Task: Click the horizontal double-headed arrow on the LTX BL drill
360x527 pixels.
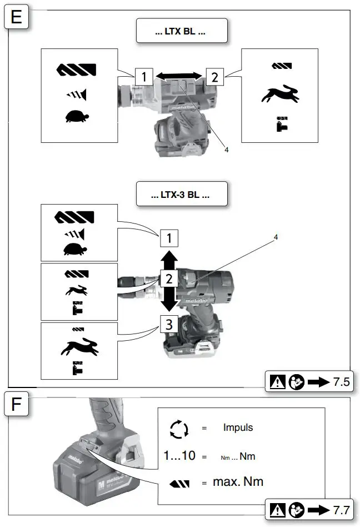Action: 178,76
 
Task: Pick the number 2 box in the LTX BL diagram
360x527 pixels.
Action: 214,77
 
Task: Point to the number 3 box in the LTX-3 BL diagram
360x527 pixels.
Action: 170,323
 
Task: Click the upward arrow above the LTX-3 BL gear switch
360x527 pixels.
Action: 170,259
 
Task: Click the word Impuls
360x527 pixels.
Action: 238,428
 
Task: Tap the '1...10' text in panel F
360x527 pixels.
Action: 179,456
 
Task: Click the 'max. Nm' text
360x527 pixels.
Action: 238,481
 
